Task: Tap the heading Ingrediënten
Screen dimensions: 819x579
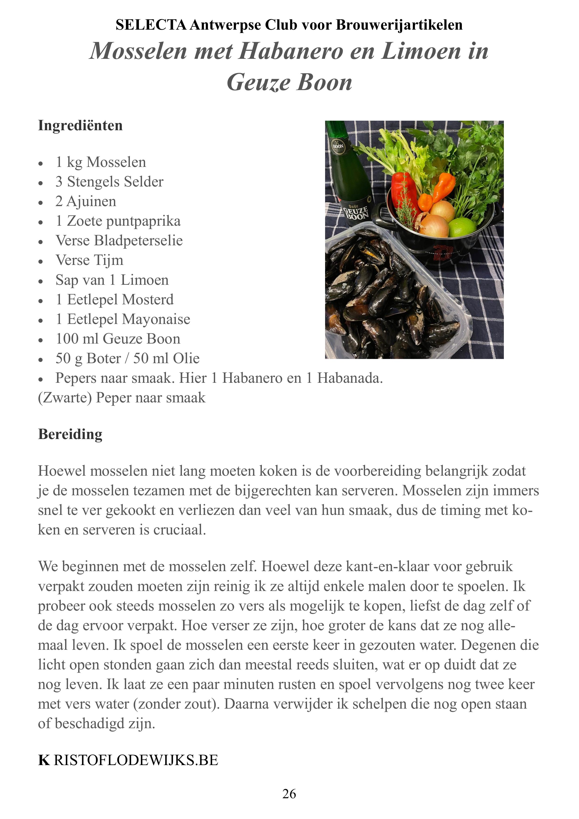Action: tap(80, 126)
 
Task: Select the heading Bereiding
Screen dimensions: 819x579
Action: tap(70, 434)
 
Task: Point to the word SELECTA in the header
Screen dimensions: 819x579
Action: tap(151, 25)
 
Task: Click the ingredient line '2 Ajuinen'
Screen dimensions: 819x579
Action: tap(86, 201)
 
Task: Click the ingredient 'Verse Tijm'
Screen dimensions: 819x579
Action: tap(89, 260)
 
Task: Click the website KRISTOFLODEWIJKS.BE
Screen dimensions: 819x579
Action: tap(128, 760)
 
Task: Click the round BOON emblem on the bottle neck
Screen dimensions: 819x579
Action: tap(338, 146)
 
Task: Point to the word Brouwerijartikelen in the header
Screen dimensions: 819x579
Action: tap(399, 25)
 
